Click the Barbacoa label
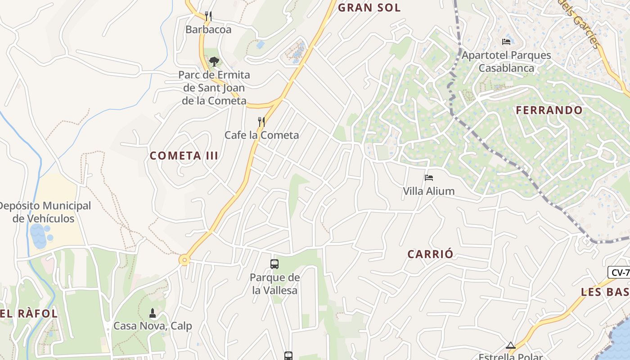[x=208, y=30]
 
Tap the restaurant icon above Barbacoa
[x=208, y=16]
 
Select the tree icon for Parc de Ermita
[x=214, y=61]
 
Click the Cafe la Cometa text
[x=261, y=135]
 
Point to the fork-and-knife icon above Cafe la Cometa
[x=261, y=121]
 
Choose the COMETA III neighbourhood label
[x=184, y=156]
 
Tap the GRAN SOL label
[x=369, y=8]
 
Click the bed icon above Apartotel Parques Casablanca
[x=506, y=42]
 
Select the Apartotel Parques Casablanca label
[x=506, y=62]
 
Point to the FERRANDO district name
[x=549, y=110]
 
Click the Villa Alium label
[x=428, y=191]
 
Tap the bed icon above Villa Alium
[x=428, y=178]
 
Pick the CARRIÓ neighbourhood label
[x=430, y=254]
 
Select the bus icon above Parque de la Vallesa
[x=274, y=264]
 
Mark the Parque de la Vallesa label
[x=274, y=284]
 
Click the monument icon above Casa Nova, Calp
[x=153, y=313]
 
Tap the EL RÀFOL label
[x=29, y=314]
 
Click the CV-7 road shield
[x=619, y=272]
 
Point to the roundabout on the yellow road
[x=184, y=260]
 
